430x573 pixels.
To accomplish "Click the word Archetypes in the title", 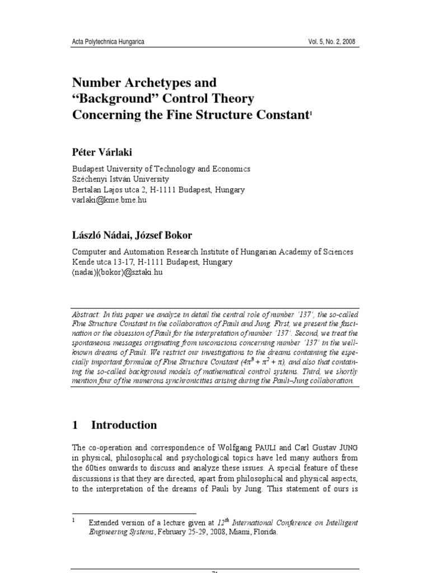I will coord(152,83).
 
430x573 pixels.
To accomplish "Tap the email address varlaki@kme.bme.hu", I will coord(109,200).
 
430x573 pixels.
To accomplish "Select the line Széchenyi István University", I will coord(120,179).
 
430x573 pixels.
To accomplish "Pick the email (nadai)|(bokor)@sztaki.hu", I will coord(118,273).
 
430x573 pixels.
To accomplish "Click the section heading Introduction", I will coord(124,425).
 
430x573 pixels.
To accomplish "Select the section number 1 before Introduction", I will coord(75,425).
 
